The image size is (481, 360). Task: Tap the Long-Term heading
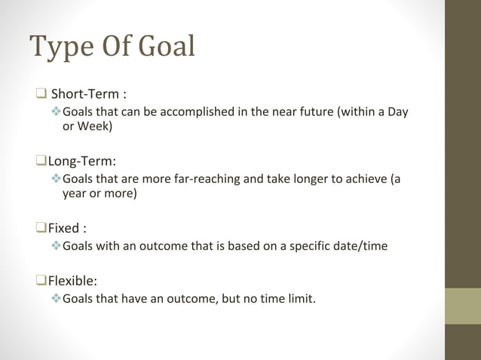81,160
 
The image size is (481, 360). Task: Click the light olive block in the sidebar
463,306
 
